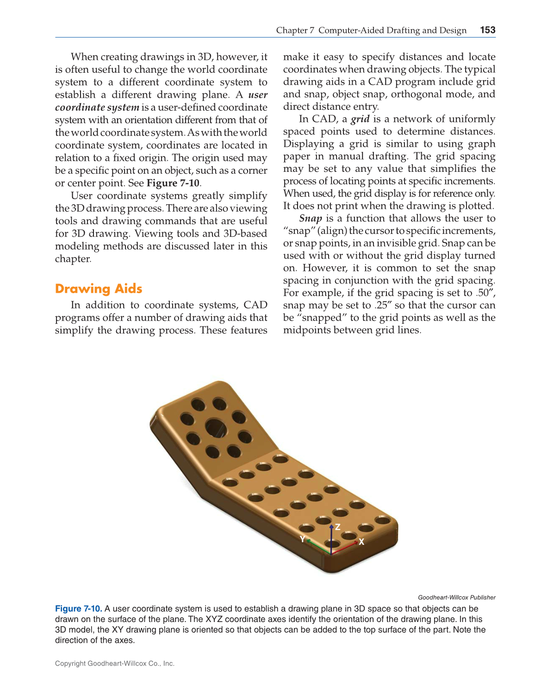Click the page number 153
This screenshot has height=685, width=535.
[488, 30]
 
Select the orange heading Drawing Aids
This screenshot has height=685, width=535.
[99, 289]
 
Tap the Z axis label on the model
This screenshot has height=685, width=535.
[338, 527]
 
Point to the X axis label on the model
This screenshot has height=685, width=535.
[361, 541]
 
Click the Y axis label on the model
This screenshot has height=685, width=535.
[302, 539]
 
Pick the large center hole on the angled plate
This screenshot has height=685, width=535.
[216, 427]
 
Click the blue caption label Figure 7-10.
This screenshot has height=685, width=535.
[78, 609]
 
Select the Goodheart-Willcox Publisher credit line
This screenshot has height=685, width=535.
[456, 597]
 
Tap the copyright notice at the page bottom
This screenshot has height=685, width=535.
[115, 663]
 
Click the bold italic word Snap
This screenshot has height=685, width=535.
[311, 218]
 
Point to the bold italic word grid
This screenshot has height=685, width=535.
[360, 119]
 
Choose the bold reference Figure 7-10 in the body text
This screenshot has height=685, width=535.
[173, 183]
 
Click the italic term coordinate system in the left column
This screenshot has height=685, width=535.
[97, 107]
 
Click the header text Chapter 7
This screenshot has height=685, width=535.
[295, 31]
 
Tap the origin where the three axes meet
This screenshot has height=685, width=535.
[331, 553]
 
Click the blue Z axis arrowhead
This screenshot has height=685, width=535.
[331, 527]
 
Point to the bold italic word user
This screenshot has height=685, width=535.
[258, 95]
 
